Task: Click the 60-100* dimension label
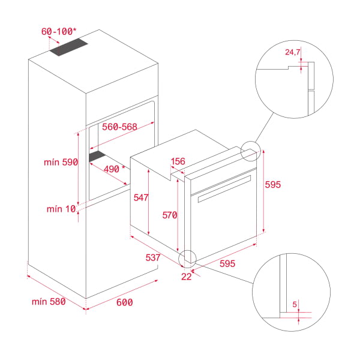pos(59,31)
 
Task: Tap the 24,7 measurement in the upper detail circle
pos(293,52)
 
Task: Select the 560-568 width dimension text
pos(119,127)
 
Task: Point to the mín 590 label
pos(61,162)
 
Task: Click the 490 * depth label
pos(115,169)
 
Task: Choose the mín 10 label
pos(61,209)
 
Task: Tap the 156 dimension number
pos(178,161)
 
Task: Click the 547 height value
pos(141,197)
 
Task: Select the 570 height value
pos(170,215)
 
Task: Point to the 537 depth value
pos(153,257)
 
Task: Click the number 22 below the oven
pos(186,277)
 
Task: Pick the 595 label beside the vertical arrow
pos(273,185)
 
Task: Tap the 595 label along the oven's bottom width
pos(227,263)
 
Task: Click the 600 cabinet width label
pos(124,302)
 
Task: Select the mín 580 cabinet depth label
pos(49,301)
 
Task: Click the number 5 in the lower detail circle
pos(295,304)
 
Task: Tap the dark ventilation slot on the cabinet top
pos(69,47)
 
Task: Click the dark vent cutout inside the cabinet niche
pos(97,156)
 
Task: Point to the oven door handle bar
pos(224,189)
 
